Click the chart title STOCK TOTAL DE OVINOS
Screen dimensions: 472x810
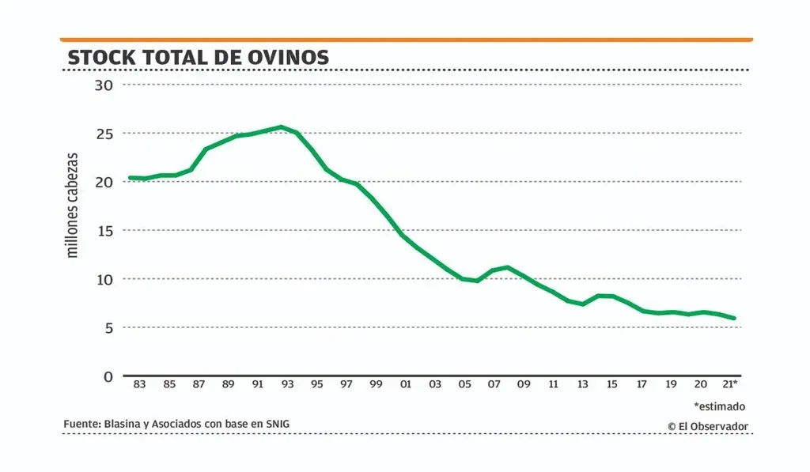198,58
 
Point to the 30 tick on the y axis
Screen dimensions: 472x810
104,85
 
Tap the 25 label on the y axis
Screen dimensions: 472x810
104,134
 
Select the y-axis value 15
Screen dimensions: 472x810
104,230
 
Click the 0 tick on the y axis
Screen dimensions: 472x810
109,376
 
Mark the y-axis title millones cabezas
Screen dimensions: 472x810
73,205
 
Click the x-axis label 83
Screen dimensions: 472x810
139,384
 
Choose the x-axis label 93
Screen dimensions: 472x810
287,384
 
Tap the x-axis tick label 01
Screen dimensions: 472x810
405,384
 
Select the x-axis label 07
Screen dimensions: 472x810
494,384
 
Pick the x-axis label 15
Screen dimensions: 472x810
611,384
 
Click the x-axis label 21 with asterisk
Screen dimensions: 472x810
731,384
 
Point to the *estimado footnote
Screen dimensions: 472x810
719,406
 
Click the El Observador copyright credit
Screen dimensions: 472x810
707,426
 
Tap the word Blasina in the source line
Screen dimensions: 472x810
121,424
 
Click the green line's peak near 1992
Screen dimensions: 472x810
281,126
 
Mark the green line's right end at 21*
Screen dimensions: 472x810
734,319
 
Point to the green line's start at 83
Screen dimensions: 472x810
130,178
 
